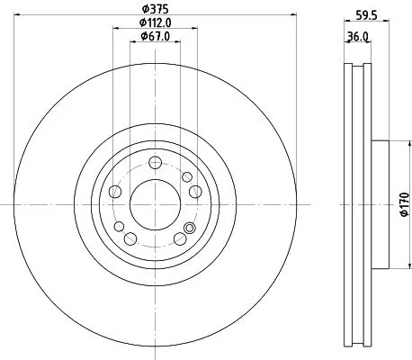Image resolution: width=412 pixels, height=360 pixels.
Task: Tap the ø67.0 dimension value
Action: pyautogui.click(x=155, y=37)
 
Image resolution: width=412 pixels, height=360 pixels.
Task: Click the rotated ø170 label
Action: pyautogui.click(x=404, y=205)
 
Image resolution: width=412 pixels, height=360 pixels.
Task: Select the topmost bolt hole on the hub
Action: pyautogui.click(x=155, y=162)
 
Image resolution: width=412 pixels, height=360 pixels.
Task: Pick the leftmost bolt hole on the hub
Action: pyautogui.click(x=114, y=191)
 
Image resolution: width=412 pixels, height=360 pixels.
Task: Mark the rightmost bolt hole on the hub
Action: pyautogui.click(x=195, y=191)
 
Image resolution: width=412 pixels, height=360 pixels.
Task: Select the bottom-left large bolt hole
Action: pyautogui.click(x=130, y=238)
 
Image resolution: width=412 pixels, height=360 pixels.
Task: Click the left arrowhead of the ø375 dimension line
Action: pyautogui.click(x=20, y=15)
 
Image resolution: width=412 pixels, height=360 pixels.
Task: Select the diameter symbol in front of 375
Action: pyautogui.click(x=143, y=9)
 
